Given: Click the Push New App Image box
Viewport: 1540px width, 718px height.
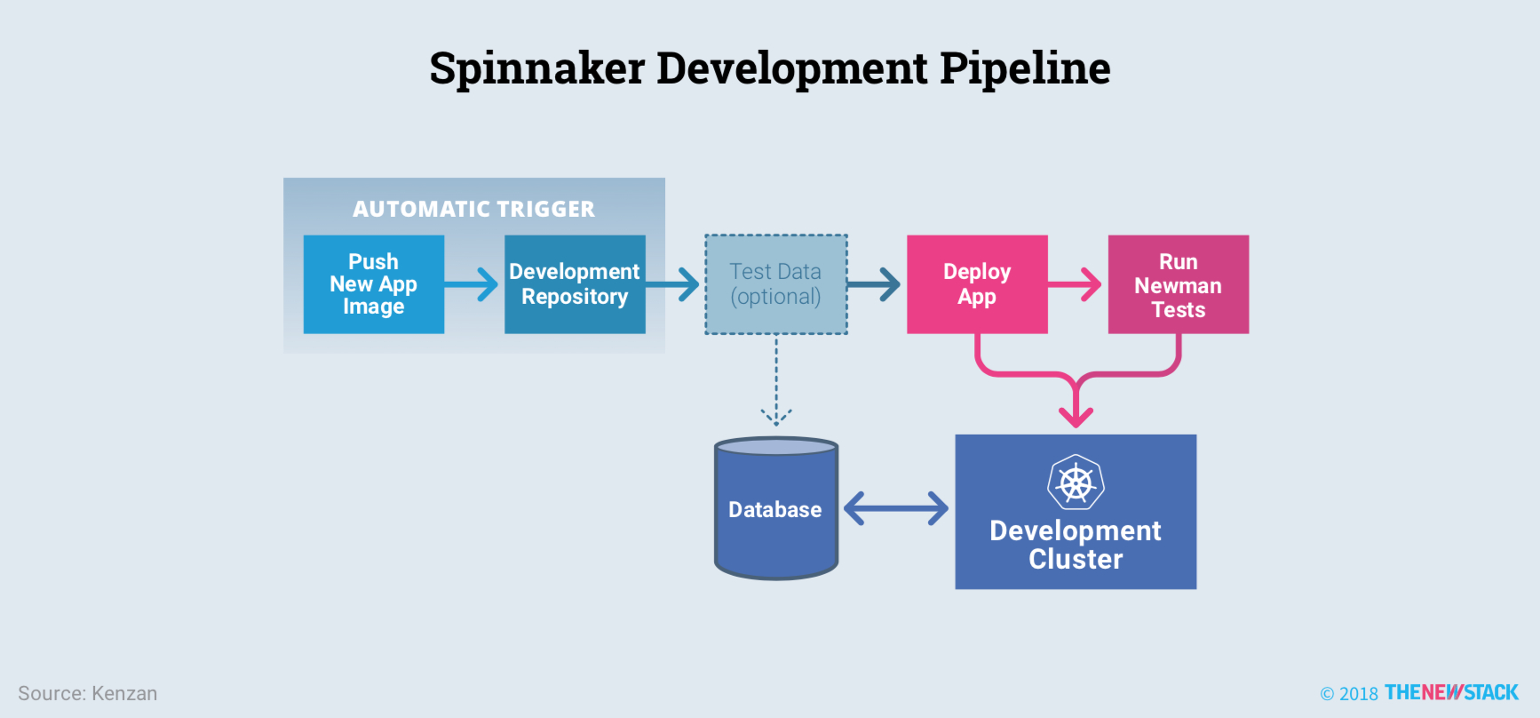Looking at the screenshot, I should (x=373, y=284).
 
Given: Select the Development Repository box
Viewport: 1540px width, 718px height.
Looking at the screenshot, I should (x=575, y=284).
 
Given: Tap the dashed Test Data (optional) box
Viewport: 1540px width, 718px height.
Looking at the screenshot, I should (x=775, y=284).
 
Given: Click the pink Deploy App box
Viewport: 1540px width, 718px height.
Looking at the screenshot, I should (x=977, y=284).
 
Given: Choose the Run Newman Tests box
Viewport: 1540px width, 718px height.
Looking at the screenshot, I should (x=1178, y=284).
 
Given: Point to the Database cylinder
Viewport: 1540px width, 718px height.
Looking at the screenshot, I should (x=775, y=509).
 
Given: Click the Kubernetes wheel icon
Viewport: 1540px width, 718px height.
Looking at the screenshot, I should (x=1076, y=483).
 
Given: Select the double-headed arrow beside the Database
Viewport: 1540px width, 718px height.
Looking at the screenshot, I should (x=896, y=509).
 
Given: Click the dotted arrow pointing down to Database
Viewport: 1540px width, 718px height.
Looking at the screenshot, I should (x=776, y=382).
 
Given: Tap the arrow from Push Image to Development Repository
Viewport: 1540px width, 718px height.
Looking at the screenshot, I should (x=473, y=284).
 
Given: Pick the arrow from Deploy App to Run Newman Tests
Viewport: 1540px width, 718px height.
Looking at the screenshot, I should (x=1076, y=284).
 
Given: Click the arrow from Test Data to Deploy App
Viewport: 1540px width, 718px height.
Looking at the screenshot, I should (x=875, y=284).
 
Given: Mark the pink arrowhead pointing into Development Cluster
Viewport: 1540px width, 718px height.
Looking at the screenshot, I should (x=1076, y=413).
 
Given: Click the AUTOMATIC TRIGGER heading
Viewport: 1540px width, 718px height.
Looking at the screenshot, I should (x=473, y=209).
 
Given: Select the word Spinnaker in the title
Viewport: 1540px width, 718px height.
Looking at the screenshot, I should (x=536, y=68).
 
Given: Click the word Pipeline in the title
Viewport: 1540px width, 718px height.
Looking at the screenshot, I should (x=1025, y=68).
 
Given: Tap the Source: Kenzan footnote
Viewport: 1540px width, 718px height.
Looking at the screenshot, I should (x=88, y=694).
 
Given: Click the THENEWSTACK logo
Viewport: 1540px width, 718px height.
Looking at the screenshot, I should (x=1451, y=693).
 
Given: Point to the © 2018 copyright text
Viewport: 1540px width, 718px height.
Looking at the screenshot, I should (x=1349, y=694).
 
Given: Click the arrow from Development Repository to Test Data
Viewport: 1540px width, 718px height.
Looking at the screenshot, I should (x=674, y=284).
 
